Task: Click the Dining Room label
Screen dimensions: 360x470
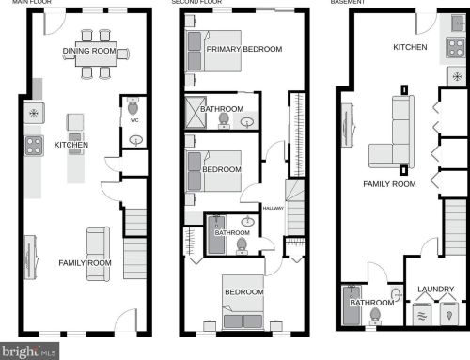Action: [x=89, y=51]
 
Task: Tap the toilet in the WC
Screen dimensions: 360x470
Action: [x=133, y=107]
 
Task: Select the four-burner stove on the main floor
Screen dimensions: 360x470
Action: [x=34, y=144]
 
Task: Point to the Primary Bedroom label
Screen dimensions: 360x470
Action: [x=243, y=48]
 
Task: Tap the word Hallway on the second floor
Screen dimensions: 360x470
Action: [x=273, y=208]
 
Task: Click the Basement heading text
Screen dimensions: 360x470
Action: [x=347, y=3]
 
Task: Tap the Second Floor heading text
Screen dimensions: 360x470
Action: [x=196, y=3]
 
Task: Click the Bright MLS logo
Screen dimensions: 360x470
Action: [x=30, y=352]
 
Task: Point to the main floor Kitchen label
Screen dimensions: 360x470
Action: [x=71, y=145]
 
